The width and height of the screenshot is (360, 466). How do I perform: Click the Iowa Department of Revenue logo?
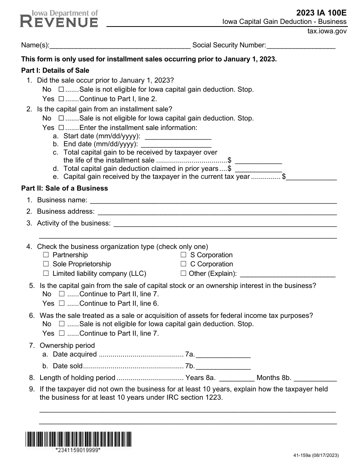coord(59,19)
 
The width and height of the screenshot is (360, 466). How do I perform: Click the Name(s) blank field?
coord(120,45)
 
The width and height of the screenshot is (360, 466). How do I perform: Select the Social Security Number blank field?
coord(301,45)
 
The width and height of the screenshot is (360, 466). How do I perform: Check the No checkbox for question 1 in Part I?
coord(61,90)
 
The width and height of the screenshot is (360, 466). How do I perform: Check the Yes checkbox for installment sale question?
coord(61,128)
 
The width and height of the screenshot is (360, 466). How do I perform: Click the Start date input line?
coord(178,136)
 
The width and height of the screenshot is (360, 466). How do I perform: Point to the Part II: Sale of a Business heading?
coord(64,188)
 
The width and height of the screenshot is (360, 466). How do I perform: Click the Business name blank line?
coord(213,200)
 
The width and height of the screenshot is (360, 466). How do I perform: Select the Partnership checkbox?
coord(46,255)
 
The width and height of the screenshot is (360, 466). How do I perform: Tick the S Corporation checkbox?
coord(183,255)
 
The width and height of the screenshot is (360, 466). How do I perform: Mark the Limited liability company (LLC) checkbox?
coord(46,273)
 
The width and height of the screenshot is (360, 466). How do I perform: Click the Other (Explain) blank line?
coord(288,274)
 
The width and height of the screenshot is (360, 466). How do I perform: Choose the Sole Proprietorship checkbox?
coord(46,264)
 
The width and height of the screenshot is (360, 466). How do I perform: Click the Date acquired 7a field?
coord(223,355)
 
